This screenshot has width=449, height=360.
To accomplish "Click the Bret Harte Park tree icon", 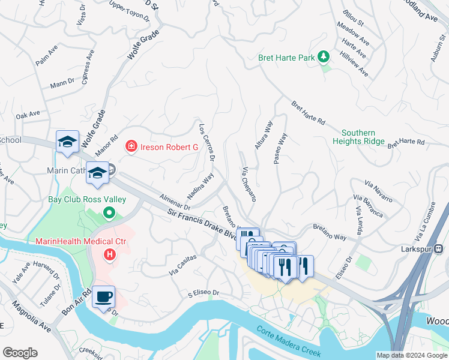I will click(x=324, y=57).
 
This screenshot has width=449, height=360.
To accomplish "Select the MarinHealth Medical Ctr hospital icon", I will click(x=109, y=255).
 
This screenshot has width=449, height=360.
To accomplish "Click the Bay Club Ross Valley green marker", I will click(x=109, y=212).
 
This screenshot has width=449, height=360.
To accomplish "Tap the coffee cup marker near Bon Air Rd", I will click(x=104, y=297).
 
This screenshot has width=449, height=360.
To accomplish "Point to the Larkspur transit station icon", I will click(x=439, y=248).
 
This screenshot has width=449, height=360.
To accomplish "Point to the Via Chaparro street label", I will click(x=250, y=184).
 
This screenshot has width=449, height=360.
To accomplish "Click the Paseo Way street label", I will click(x=280, y=148).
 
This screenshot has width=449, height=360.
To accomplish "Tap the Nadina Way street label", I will click(x=200, y=186).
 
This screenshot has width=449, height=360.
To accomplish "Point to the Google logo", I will click(x=20, y=353).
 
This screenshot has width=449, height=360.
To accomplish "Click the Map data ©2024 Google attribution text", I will click(x=411, y=355).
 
